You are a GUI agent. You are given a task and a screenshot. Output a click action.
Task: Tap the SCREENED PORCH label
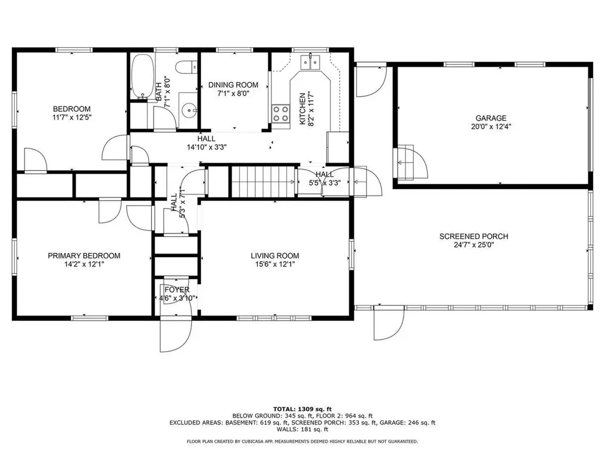tap(473, 236)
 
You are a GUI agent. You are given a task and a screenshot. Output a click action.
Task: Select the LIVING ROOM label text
tap(275, 256)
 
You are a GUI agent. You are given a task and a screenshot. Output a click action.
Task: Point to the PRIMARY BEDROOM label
tap(84, 256)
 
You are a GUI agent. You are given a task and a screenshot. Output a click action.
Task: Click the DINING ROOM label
tap(233, 85)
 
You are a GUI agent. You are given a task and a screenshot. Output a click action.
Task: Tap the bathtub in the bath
tap(141, 77)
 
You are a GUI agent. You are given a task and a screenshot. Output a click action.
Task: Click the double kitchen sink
tap(310, 60)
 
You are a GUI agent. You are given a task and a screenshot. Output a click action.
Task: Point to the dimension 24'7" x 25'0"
tap(473, 245)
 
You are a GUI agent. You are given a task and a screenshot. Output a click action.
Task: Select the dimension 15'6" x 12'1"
tap(275, 265)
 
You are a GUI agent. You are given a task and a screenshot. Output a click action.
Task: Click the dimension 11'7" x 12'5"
tap(71, 118)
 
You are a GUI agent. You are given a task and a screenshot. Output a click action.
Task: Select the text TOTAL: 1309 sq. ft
tap(302, 409)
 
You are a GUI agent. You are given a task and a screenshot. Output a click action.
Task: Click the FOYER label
tap(177, 290)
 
